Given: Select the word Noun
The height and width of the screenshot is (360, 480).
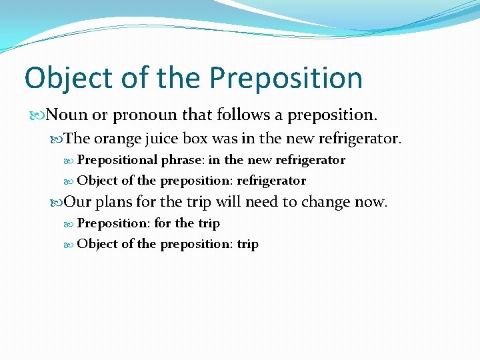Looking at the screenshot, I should [67, 115].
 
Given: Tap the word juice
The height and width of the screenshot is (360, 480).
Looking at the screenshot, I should [162, 139].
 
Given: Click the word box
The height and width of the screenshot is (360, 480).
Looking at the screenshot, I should [197, 139].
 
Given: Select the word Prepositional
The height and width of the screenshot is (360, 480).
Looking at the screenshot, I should [117, 160].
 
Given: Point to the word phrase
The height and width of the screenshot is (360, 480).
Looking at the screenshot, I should [182, 161].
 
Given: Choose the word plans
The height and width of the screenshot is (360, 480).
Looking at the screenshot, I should [115, 202].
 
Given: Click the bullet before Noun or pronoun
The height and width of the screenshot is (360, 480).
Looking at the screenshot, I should [39, 116].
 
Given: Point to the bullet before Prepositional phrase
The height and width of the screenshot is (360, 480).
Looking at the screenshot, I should [71, 161].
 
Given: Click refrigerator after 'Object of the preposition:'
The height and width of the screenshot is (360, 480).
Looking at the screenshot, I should [271, 181].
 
